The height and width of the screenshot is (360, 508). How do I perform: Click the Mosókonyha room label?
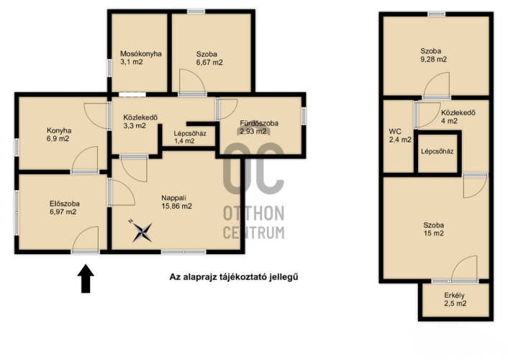(x=140, y=54)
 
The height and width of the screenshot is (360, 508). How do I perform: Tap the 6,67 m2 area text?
(x=209, y=63)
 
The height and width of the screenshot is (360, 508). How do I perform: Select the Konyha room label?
(x=59, y=131)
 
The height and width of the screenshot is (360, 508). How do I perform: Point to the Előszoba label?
(x=65, y=204)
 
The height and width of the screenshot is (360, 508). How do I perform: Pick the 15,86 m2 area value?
(x=176, y=206)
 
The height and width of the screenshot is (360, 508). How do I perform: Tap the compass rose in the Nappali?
(x=142, y=231)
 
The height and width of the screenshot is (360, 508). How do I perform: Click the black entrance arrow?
(x=86, y=279)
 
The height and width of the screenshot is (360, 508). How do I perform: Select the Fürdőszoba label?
(x=259, y=123)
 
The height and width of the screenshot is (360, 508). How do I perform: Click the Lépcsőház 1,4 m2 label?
(x=190, y=138)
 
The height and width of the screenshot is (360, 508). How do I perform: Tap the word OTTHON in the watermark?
(x=254, y=213)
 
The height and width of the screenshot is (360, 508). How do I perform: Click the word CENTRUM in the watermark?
(x=254, y=233)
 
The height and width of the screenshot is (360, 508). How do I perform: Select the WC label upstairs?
(x=395, y=132)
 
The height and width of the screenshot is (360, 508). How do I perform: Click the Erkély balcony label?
(x=454, y=295)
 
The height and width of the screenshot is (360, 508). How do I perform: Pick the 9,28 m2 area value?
(x=433, y=59)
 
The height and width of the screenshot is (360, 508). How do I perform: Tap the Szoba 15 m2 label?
(x=433, y=229)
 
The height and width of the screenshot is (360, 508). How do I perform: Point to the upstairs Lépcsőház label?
(x=437, y=151)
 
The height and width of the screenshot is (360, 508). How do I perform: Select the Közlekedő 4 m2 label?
(x=458, y=117)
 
